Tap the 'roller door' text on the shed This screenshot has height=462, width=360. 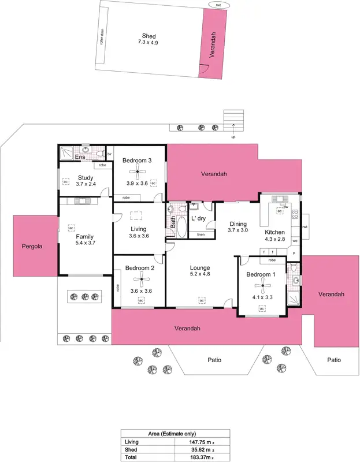(101, 39)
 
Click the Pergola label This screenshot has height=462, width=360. (29, 245)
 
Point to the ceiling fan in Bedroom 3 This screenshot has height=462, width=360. (137, 170)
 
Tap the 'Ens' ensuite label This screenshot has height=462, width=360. (81, 157)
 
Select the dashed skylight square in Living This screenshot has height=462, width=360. (138, 215)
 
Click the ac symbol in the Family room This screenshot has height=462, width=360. (71, 228)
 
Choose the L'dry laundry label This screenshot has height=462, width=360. (198, 218)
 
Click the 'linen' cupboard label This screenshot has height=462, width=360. (201, 234)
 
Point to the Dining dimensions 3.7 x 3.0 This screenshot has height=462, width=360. (238, 230)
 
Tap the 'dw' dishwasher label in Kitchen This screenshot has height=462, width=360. (285, 206)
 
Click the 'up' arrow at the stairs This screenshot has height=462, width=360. (233, 137)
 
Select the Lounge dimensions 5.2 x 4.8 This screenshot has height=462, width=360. (200, 275)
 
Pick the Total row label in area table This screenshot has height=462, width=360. (131, 457)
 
